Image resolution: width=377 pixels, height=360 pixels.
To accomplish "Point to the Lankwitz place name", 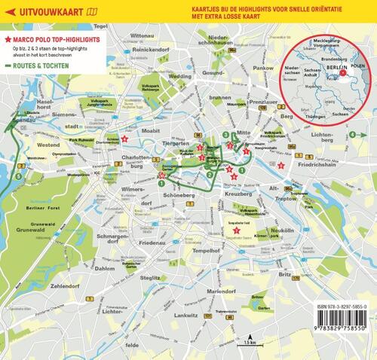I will coord(185,305).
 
